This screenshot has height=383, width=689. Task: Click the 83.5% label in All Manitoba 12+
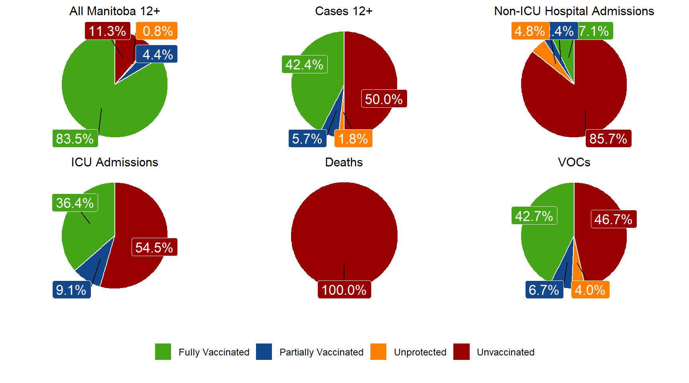click(x=75, y=138)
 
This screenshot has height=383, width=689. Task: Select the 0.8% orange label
click(x=157, y=31)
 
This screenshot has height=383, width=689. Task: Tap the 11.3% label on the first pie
click(x=107, y=31)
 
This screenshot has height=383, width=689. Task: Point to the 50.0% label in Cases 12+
click(x=384, y=99)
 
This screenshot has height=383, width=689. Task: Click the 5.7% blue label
click(x=307, y=138)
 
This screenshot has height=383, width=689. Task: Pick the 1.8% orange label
click(x=353, y=138)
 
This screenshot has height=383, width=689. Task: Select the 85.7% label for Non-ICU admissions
click(x=608, y=138)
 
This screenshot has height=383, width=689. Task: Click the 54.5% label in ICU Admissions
click(x=154, y=247)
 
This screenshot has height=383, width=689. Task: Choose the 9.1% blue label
click(x=71, y=290)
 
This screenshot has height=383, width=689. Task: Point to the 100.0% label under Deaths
click(x=344, y=290)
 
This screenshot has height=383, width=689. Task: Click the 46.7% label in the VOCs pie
click(x=613, y=219)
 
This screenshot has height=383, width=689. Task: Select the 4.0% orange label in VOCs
click(x=590, y=290)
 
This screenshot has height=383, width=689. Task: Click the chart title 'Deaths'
click(x=344, y=162)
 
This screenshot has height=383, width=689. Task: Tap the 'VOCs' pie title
click(x=574, y=162)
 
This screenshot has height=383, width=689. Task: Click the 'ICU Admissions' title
click(x=114, y=162)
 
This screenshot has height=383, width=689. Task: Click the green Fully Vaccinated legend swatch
click(x=163, y=352)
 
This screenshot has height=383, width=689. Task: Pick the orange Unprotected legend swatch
click(x=378, y=352)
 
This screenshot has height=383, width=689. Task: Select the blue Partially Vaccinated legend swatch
click(x=264, y=352)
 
